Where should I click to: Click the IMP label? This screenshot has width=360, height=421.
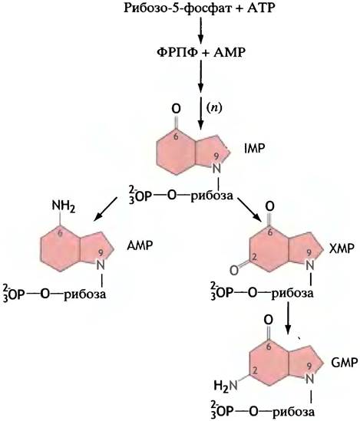254,148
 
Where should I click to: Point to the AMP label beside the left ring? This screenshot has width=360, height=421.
140,245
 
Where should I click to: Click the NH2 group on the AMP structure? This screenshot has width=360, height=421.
63,207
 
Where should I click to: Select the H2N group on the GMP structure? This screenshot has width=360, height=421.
226,386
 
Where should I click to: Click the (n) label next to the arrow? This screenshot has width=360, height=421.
214,108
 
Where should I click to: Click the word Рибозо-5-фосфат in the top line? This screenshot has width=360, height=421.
177,8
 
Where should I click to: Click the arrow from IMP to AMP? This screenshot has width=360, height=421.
105,209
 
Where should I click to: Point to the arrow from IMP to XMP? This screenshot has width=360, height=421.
250,209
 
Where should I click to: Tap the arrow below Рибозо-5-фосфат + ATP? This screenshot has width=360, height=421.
200,30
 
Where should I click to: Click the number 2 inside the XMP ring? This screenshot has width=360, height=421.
255,257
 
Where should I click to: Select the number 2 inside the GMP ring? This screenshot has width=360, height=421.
255,371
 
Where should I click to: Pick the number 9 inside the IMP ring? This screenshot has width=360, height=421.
216,156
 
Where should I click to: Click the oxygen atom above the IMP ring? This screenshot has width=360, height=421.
177,109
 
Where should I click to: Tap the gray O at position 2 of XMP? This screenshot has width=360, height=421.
234,271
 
